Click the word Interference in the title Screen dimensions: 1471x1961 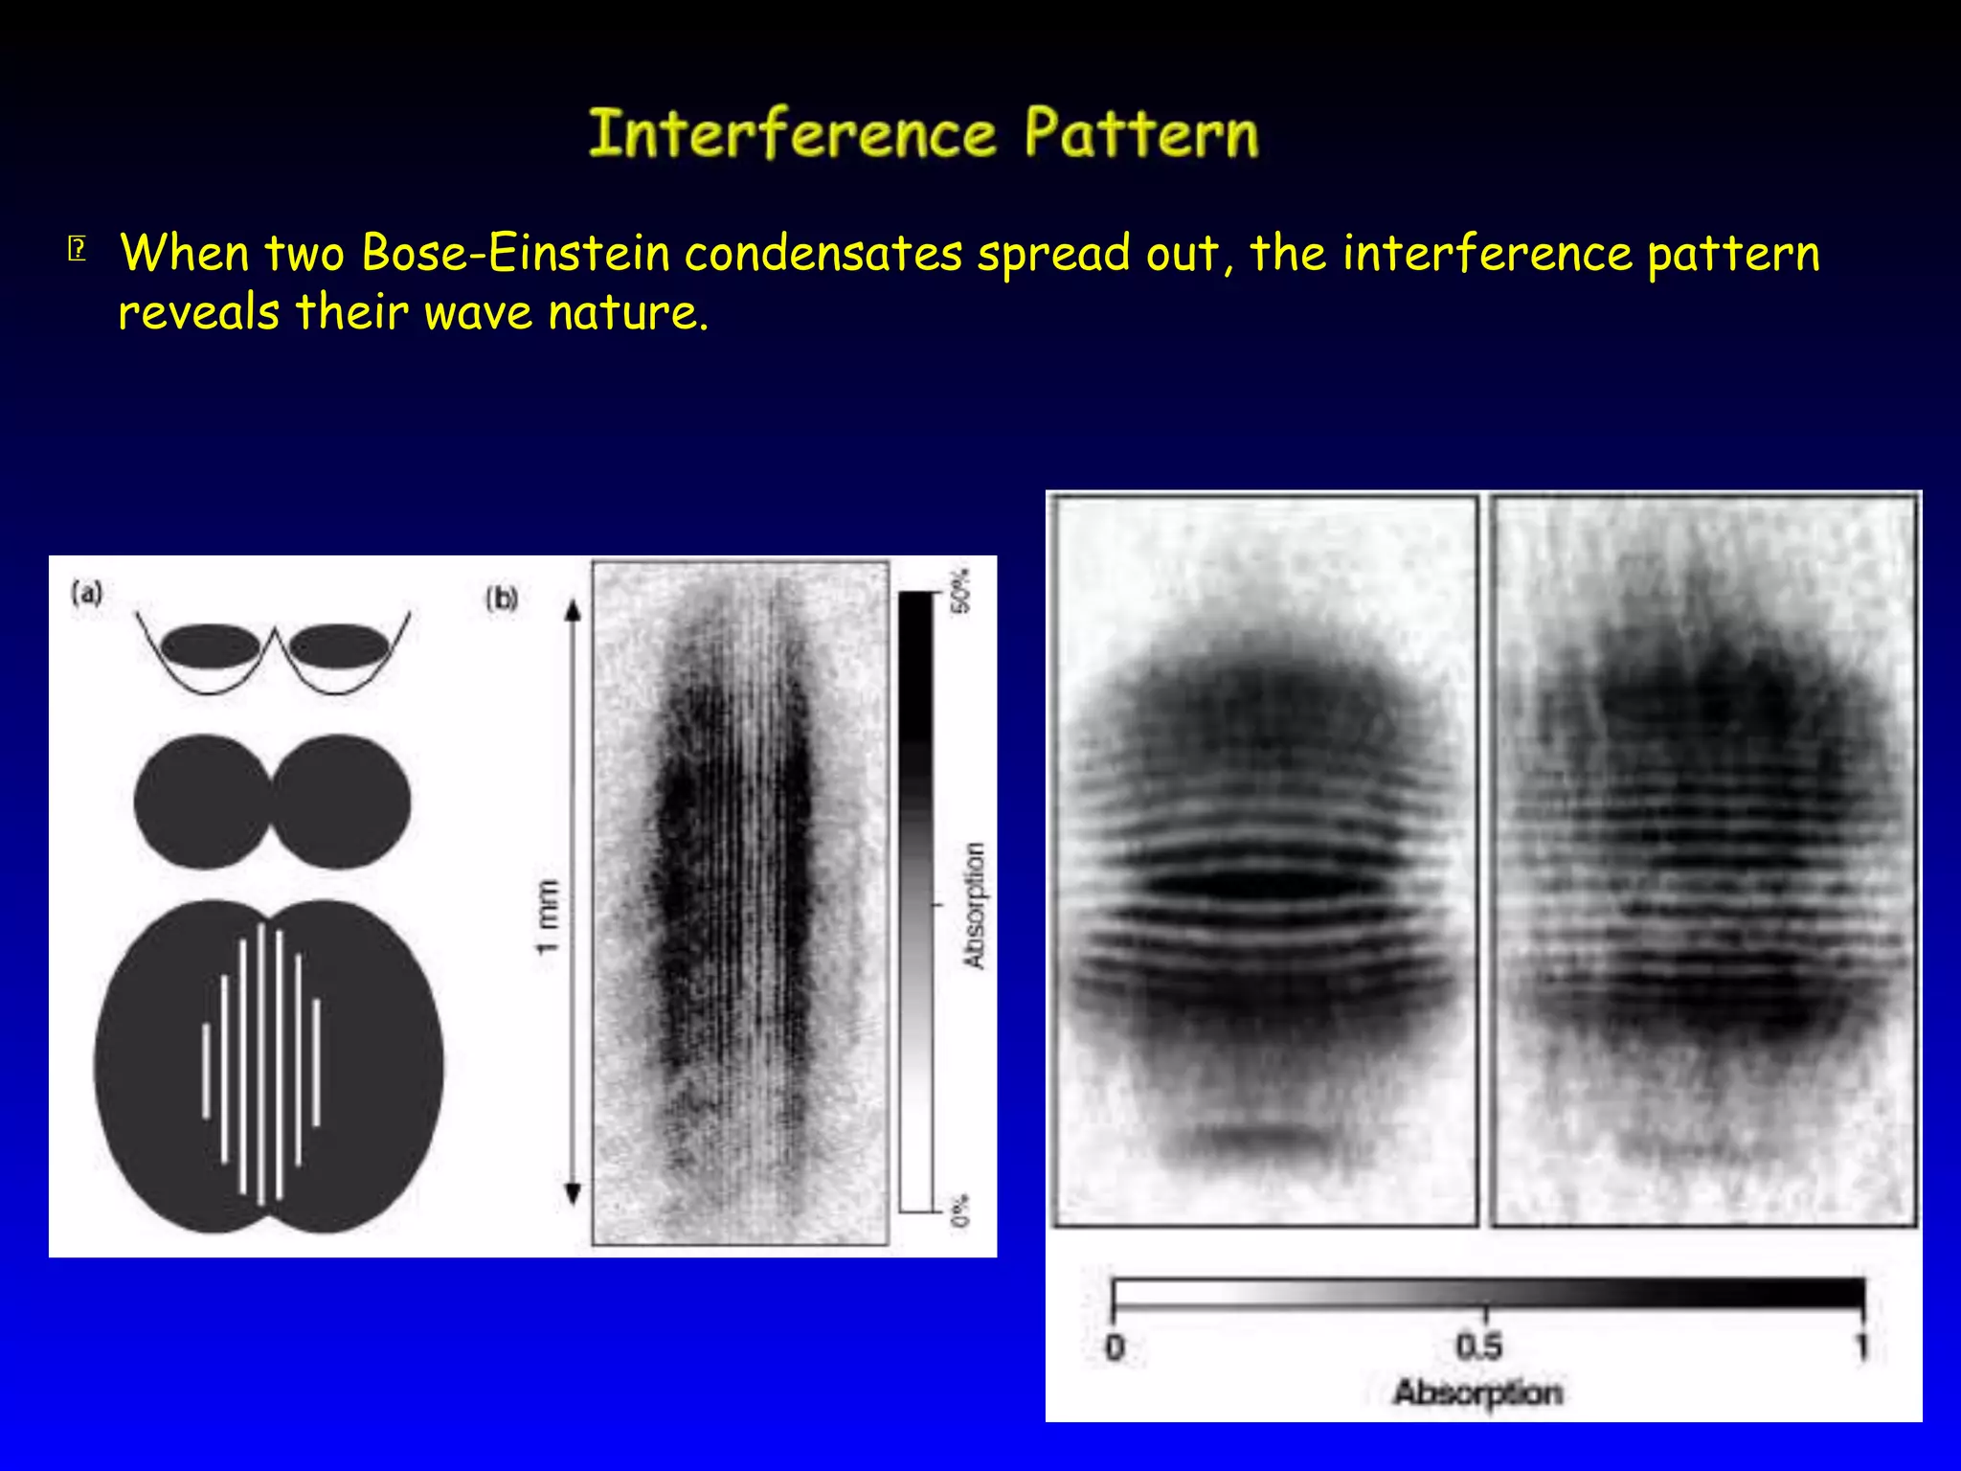[x=791, y=133]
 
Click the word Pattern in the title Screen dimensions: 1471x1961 [x=1141, y=133]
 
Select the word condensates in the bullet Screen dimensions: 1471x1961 [x=823, y=253]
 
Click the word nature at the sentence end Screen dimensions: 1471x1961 [x=627, y=312]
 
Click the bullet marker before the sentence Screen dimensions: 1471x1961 [x=78, y=250]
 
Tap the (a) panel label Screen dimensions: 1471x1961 [x=87, y=594]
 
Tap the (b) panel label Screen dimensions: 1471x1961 [x=502, y=599]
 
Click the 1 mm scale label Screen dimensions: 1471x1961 [x=547, y=917]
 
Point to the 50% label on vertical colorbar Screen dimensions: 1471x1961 [x=960, y=591]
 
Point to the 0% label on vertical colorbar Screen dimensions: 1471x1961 [x=960, y=1211]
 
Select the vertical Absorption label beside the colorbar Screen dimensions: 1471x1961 [x=974, y=906]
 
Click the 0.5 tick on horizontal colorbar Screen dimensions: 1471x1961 [x=1479, y=1347]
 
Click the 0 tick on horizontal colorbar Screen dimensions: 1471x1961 [x=1115, y=1348]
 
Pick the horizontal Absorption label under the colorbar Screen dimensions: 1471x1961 [x=1477, y=1392]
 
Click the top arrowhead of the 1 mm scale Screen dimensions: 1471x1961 [x=574, y=611]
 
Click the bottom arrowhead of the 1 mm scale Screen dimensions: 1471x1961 [x=574, y=1194]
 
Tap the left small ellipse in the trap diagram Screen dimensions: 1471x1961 [x=210, y=645]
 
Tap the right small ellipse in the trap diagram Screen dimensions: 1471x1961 [x=338, y=645]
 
